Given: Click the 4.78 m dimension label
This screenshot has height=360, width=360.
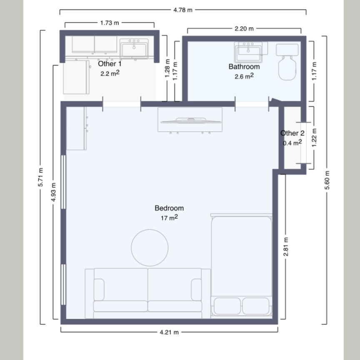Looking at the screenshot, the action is coord(183,10).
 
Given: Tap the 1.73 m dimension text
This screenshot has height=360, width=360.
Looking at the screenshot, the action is coord(110,23).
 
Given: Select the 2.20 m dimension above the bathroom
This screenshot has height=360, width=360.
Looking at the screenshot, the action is coord(244,29).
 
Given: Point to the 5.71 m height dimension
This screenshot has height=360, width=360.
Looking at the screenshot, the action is coord(41,177).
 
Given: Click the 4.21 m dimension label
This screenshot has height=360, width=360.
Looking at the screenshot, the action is coord(169,332).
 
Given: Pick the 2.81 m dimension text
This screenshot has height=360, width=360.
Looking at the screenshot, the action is coord(286,247).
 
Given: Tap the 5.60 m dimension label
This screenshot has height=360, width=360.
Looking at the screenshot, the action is coord(327,180).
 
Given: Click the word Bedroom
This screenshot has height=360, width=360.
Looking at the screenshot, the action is coord(169,208).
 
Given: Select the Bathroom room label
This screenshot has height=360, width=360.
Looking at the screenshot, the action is coord(244,67).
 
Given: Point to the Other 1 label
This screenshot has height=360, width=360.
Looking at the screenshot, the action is coord(110,64).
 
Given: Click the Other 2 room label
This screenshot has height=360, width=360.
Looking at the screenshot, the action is coord(292,133).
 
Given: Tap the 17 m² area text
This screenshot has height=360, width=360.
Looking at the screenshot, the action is coord(169,217).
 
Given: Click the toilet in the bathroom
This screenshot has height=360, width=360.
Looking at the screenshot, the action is coord(287,62).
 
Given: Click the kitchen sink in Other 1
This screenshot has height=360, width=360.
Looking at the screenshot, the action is coord(134,48).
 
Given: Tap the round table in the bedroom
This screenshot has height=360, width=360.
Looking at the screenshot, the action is coord(150,248).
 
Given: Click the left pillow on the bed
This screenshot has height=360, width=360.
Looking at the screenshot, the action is coord(227,306).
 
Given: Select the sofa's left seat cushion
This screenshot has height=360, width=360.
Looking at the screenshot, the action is coord(121,306).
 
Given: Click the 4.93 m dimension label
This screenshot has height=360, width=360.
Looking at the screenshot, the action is coord(53,192).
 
